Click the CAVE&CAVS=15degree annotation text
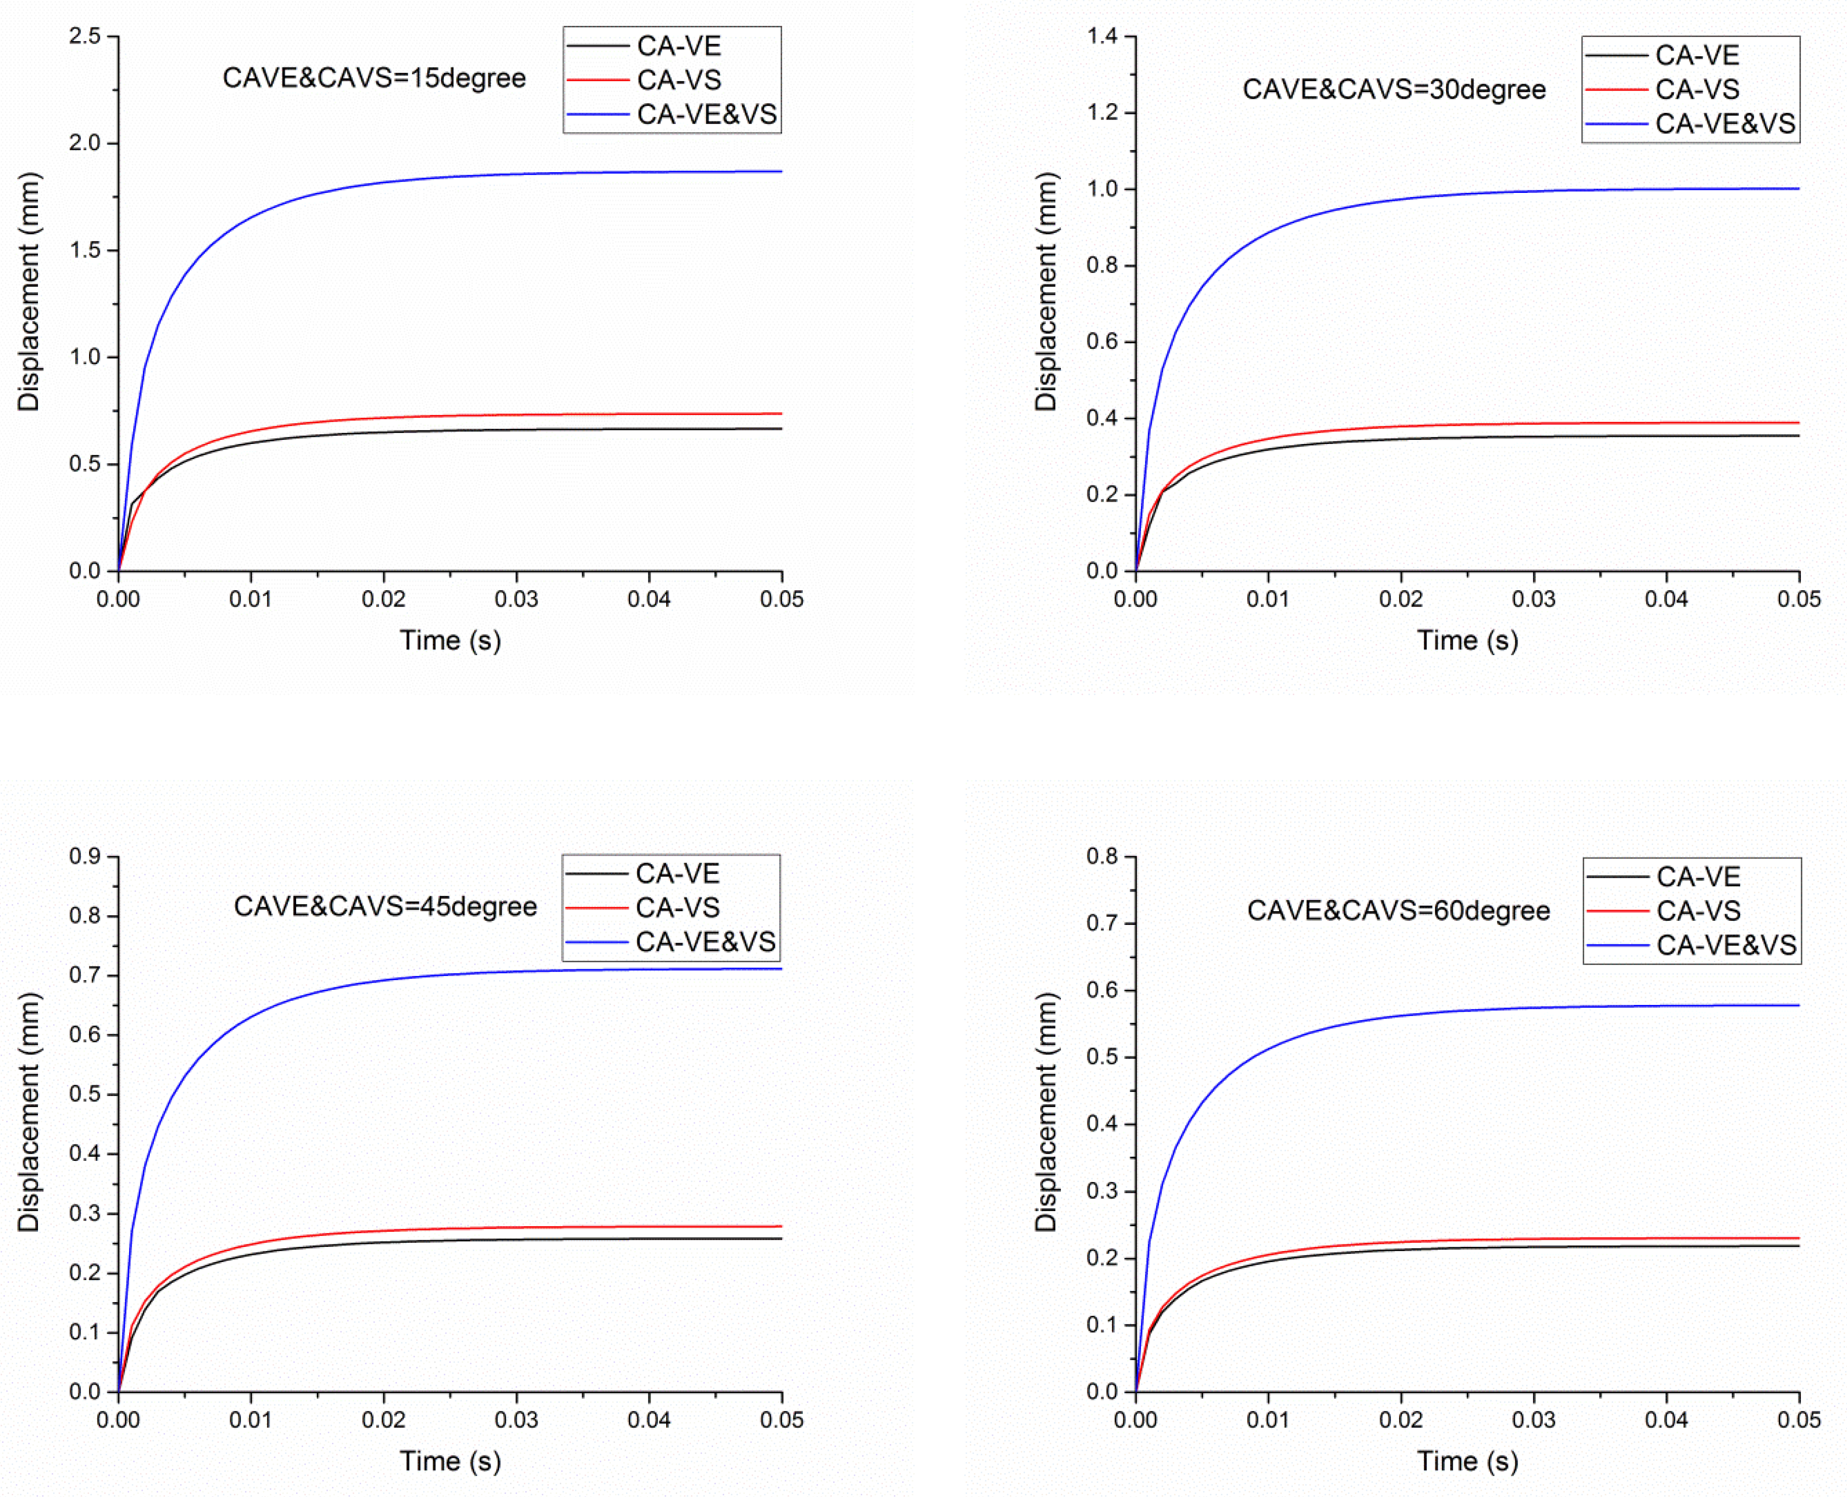pos(374,78)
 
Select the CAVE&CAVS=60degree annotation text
pos(1398,911)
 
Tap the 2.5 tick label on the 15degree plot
pos(85,36)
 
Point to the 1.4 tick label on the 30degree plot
pos(1102,36)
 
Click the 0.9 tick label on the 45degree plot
pos(85,856)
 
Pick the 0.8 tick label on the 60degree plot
pos(1102,856)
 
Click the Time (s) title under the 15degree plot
pos(450,641)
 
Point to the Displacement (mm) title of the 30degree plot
pos(1045,292)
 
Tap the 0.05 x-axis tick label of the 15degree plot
pos(781,599)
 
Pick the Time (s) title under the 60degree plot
pos(1467,1461)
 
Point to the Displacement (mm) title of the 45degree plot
pos(28,1112)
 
